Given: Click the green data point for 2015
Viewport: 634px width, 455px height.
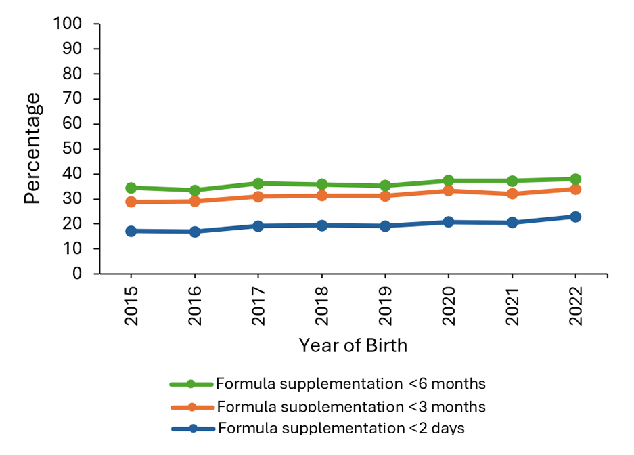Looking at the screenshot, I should coord(131,188).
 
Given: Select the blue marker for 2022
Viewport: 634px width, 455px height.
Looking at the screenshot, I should coord(575,217).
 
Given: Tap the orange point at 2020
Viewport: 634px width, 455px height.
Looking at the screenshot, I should coord(448,191).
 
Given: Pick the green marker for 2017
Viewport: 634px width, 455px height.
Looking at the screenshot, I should coord(258,183).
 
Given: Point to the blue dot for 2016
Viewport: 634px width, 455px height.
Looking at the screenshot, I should coord(195,232).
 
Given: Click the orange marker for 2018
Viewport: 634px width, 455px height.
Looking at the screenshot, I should coord(321,196).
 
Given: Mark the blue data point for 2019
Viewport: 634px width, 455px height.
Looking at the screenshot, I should coord(385,226).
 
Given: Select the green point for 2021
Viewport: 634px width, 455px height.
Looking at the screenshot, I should coord(512,181).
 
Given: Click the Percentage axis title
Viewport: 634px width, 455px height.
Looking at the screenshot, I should coord(32,149).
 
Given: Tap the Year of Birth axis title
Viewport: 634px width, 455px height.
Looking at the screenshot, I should coord(353,345).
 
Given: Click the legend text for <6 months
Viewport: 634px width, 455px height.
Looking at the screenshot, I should coord(350,384).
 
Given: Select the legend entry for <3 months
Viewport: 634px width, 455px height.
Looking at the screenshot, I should coord(350,407).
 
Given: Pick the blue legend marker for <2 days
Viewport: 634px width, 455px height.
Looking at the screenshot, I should coord(191,429).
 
